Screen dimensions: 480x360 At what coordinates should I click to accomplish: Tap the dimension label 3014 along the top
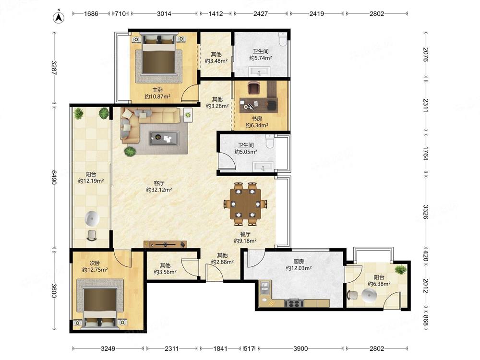coord(164,14)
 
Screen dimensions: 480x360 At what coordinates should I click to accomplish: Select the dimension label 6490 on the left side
coord(54,177)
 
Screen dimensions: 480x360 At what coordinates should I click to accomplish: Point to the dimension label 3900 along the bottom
coord(300,348)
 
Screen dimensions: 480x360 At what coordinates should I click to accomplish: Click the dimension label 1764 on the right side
coord(425,154)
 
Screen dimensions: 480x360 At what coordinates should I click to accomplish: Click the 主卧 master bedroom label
coord(157,90)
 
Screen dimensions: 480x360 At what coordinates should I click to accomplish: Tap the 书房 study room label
coord(257,119)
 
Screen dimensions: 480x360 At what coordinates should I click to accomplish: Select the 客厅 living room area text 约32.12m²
coord(159,190)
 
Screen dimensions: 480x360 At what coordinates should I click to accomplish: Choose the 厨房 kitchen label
coord(299,262)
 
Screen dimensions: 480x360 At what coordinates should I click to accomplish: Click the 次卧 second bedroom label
coord(95,263)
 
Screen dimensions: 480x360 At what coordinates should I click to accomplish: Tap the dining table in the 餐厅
coord(245,204)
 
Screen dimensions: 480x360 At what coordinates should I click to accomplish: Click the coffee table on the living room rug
coord(164,138)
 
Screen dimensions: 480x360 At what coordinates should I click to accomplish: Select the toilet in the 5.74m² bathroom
coord(283,39)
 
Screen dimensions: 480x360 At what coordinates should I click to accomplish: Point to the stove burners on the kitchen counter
coord(294,303)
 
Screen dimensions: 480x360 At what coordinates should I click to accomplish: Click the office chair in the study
coord(253,88)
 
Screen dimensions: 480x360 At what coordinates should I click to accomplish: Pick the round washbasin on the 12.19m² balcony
coord(92,218)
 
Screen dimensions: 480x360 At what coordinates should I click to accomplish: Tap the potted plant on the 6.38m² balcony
coord(400,270)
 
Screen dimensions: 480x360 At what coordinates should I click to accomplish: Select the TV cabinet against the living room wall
coord(165,244)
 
